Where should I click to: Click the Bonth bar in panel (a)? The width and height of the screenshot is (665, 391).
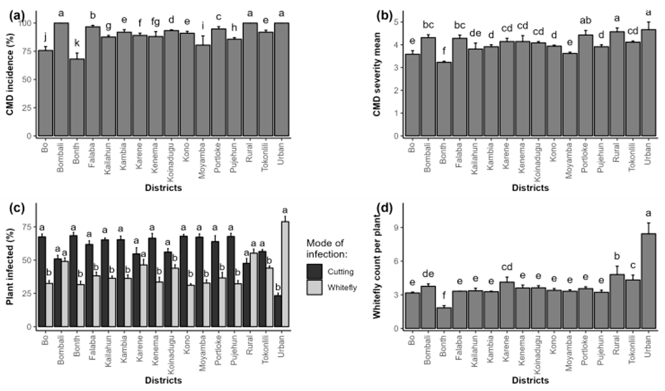tap(77, 98)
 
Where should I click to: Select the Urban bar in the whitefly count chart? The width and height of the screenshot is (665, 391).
tap(648, 281)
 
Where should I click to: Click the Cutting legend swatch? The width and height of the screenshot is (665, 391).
tap(314, 271)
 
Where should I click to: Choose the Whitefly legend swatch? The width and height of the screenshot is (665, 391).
tap(314, 287)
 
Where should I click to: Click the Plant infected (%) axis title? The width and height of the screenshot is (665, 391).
tap(10, 266)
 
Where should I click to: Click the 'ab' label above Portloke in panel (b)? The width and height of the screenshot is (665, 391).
tap(585, 20)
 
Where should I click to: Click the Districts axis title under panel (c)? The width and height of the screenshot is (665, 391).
tap(163, 380)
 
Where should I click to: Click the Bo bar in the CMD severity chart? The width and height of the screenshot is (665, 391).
tap(412, 95)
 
